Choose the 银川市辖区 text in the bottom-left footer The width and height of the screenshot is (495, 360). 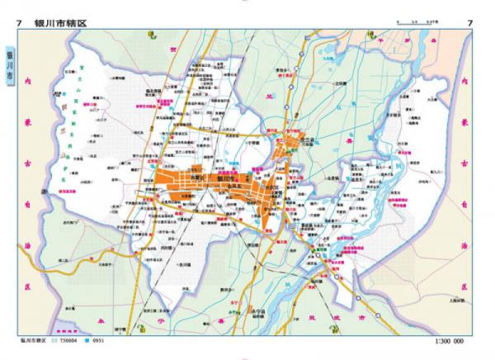pyautogui.click(x=33, y=341)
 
